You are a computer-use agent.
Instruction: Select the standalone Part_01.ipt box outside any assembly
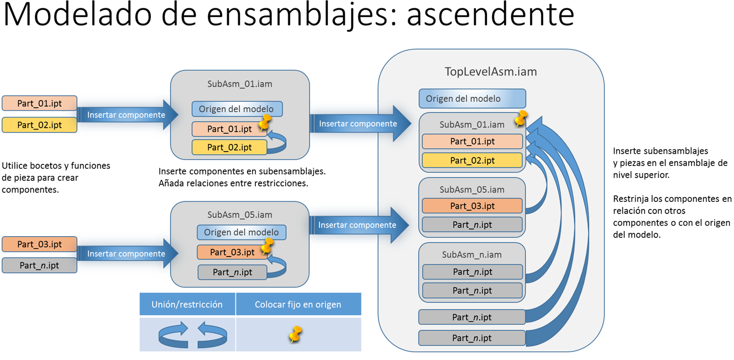coord(39,103)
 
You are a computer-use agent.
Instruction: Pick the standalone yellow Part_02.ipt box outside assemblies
coord(39,125)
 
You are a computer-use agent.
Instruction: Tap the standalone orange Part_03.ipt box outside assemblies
coord(39,244)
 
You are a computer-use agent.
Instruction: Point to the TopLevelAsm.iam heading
coord(490,72)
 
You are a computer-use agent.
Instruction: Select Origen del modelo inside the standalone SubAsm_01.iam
coord(237,109)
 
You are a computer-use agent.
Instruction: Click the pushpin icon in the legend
coord(296,334)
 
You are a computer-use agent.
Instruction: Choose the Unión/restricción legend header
coord(187,304)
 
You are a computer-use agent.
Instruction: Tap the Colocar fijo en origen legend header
coord(298,304)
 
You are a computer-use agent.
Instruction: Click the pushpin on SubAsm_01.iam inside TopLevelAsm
coord(520,118)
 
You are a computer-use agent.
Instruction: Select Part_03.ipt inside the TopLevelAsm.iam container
coord(472,206)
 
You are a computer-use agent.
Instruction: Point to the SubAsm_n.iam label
coord(472,254)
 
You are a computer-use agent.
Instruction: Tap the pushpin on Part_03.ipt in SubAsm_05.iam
coord(267,246)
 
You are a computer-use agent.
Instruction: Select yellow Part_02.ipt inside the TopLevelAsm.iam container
coord(472,160)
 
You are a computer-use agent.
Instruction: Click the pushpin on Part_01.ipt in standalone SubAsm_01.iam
coord(265,122)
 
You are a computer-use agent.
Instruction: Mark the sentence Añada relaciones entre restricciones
coord(234,183)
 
